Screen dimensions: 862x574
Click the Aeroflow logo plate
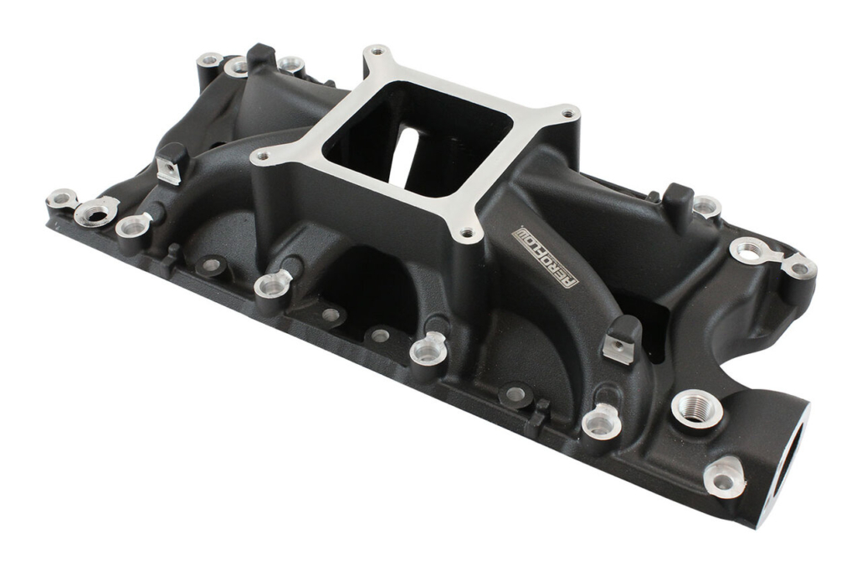(545, 257)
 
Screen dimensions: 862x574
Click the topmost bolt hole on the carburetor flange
(376, 52)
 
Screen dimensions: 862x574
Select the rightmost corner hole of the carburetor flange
(568, 114)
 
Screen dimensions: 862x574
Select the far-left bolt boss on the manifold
(61, 197)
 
